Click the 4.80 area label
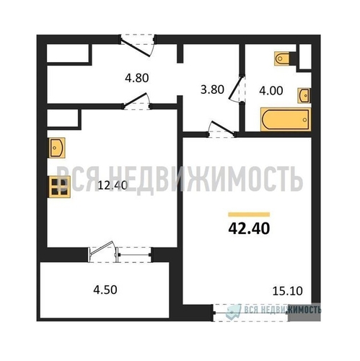pos(137,78)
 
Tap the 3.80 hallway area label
pos(212,90)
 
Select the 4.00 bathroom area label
pos(271,91)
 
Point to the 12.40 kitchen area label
pos(113,186)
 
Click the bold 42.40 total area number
pos(249,228)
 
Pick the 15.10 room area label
pos(288,291)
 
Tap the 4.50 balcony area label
pos(105,290)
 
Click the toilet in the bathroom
pos(282,58)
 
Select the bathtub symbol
pos(286,119)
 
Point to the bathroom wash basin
pos(304,95)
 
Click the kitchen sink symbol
pos(57,147)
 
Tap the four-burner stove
pos(59,187)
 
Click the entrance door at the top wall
pos(138,45)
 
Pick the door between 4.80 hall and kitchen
pos(137,102)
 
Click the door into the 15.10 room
pos(221,129)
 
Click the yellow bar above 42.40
pos(249,214)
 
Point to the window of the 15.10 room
pos(250,313)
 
